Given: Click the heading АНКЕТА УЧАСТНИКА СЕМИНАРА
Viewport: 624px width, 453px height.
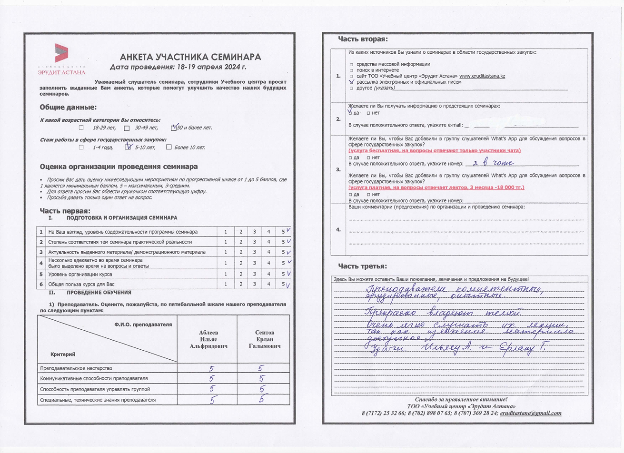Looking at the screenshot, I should pos(190,57).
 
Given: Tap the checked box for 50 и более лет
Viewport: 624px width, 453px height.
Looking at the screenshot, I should pos(174,128).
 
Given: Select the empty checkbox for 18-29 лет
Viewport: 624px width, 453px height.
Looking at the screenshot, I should pos(81,128).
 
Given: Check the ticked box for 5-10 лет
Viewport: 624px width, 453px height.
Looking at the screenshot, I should pos(128,148).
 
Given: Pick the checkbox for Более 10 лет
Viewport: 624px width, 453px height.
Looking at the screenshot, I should pos(168,148).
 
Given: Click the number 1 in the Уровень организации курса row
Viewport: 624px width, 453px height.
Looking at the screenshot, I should pos(226,274).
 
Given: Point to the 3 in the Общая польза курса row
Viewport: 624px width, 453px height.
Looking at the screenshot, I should pos(255,284).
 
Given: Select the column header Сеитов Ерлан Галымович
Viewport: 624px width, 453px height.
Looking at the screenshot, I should pos(265,339).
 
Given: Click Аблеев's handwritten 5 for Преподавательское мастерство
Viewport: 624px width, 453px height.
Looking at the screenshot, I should pos(211,368).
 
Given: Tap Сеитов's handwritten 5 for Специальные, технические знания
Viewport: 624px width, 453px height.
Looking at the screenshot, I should pos(261,400).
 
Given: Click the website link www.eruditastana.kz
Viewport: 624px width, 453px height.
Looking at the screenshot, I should pos(482,76).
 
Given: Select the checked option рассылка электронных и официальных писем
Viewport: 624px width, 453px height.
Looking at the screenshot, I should pos(351,82).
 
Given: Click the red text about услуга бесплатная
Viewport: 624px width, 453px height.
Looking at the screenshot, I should pos(435,151).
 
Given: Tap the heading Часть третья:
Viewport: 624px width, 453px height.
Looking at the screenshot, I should pos(362,266).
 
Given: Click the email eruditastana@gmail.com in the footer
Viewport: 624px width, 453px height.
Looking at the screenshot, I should pos(531,413).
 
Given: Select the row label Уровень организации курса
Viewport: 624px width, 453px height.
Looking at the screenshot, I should pos(80,274).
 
